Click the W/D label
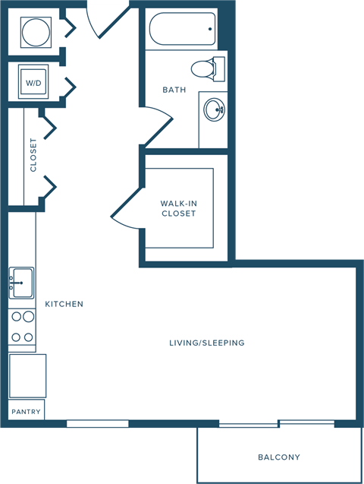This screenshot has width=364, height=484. coord(34,82)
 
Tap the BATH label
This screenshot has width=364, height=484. coord(174,90)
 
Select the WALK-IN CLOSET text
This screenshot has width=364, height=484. coord(178,208)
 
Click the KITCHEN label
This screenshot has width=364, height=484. coord(64,304)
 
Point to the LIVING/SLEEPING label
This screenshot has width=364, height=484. coord(207,343)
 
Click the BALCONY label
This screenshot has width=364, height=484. coord(279,457)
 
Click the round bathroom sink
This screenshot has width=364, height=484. coord(213,111)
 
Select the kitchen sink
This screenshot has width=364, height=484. coord(22,283)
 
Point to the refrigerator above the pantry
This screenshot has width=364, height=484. coord(27,375)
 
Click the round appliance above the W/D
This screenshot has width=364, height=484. coord(35,32)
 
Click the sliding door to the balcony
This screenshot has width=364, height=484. coord(277,423)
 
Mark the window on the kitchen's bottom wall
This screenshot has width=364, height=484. coord(97,423)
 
